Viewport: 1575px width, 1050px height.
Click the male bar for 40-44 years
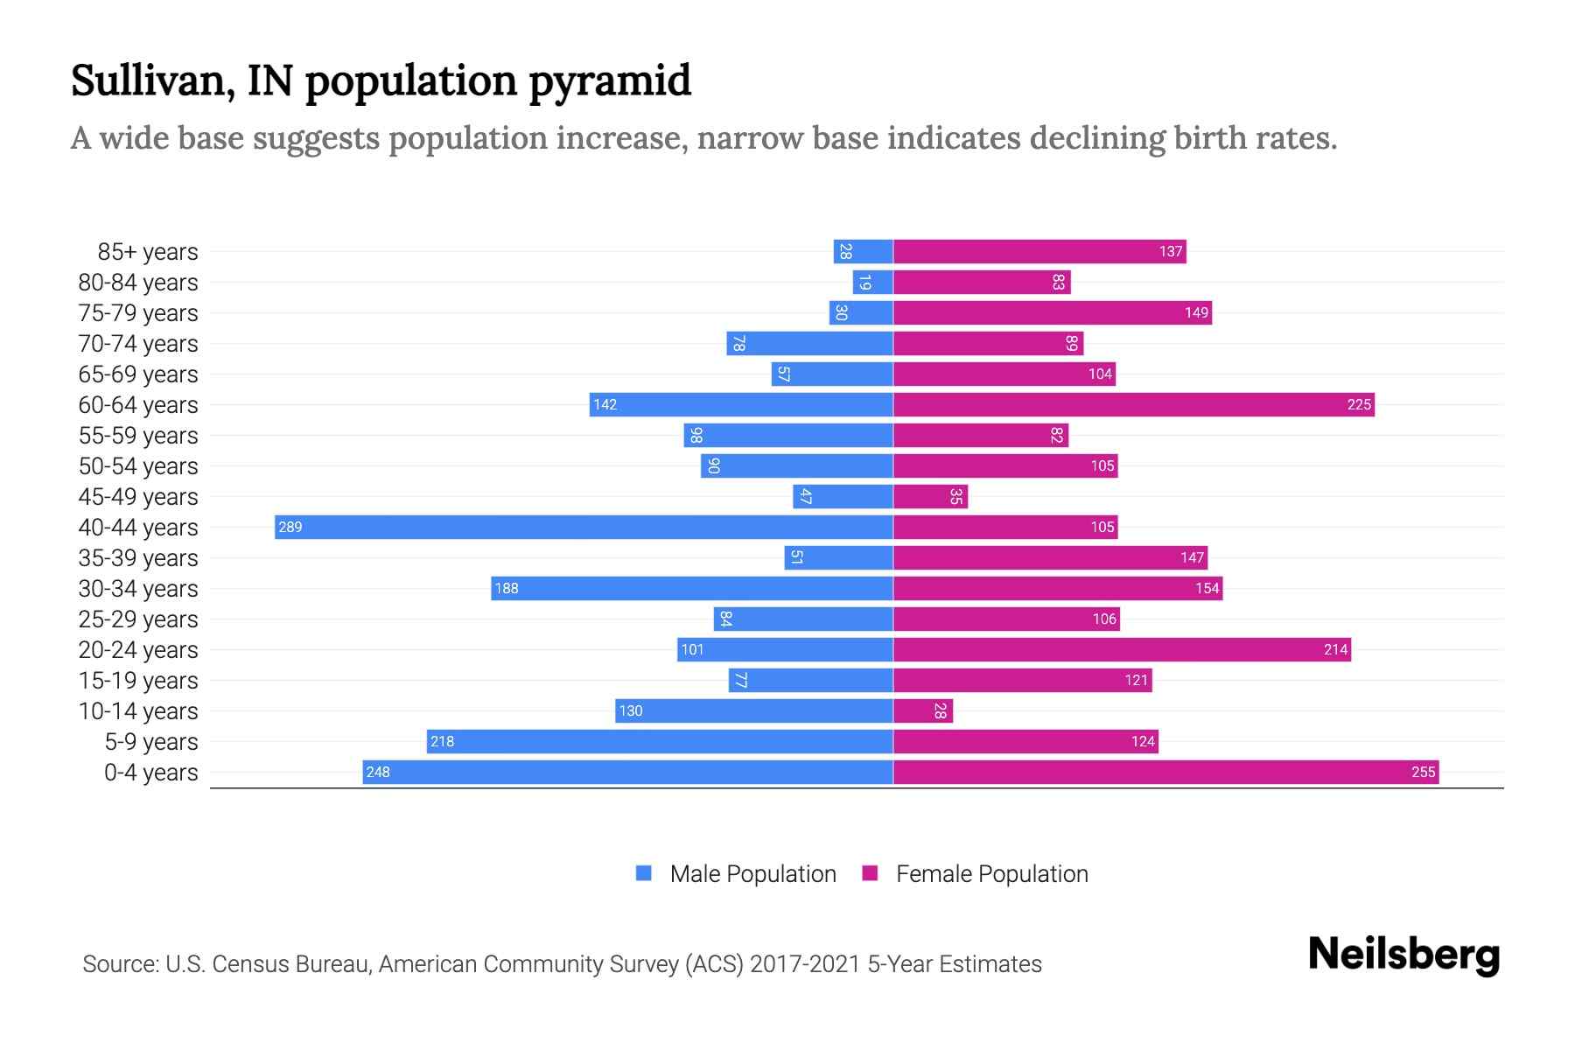(x=584, y=527)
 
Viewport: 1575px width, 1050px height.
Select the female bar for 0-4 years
(x=1165, y=772)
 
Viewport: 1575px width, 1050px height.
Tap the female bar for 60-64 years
(x=1133, y=404)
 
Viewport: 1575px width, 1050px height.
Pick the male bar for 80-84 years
(x=872, y=282)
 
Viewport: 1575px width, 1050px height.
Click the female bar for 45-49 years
(x=930, y=496)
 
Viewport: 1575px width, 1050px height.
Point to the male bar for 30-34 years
(x=691, y=588)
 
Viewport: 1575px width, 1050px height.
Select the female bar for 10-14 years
(x=922, y=710)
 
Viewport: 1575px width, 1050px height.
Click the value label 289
(x=290, y=527)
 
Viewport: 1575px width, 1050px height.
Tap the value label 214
(x=1335, y=649)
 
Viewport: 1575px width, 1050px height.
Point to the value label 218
(x=442, y=741)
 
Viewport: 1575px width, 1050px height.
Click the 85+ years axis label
(x=147, y=252)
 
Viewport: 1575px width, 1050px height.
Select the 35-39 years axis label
(x=138, y=558)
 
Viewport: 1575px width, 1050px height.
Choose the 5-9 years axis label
(x=150, y=742)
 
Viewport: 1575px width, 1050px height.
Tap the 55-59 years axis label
(x=138, y=436)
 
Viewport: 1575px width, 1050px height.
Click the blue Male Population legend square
(x=644, y=873)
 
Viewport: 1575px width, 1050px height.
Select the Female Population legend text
(x=991, y=873)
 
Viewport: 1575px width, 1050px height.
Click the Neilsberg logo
(x=1403, y=954)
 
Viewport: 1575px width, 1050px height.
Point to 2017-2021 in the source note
(x=804, y=964)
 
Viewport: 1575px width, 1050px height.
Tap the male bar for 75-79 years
(x=861, y=312)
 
